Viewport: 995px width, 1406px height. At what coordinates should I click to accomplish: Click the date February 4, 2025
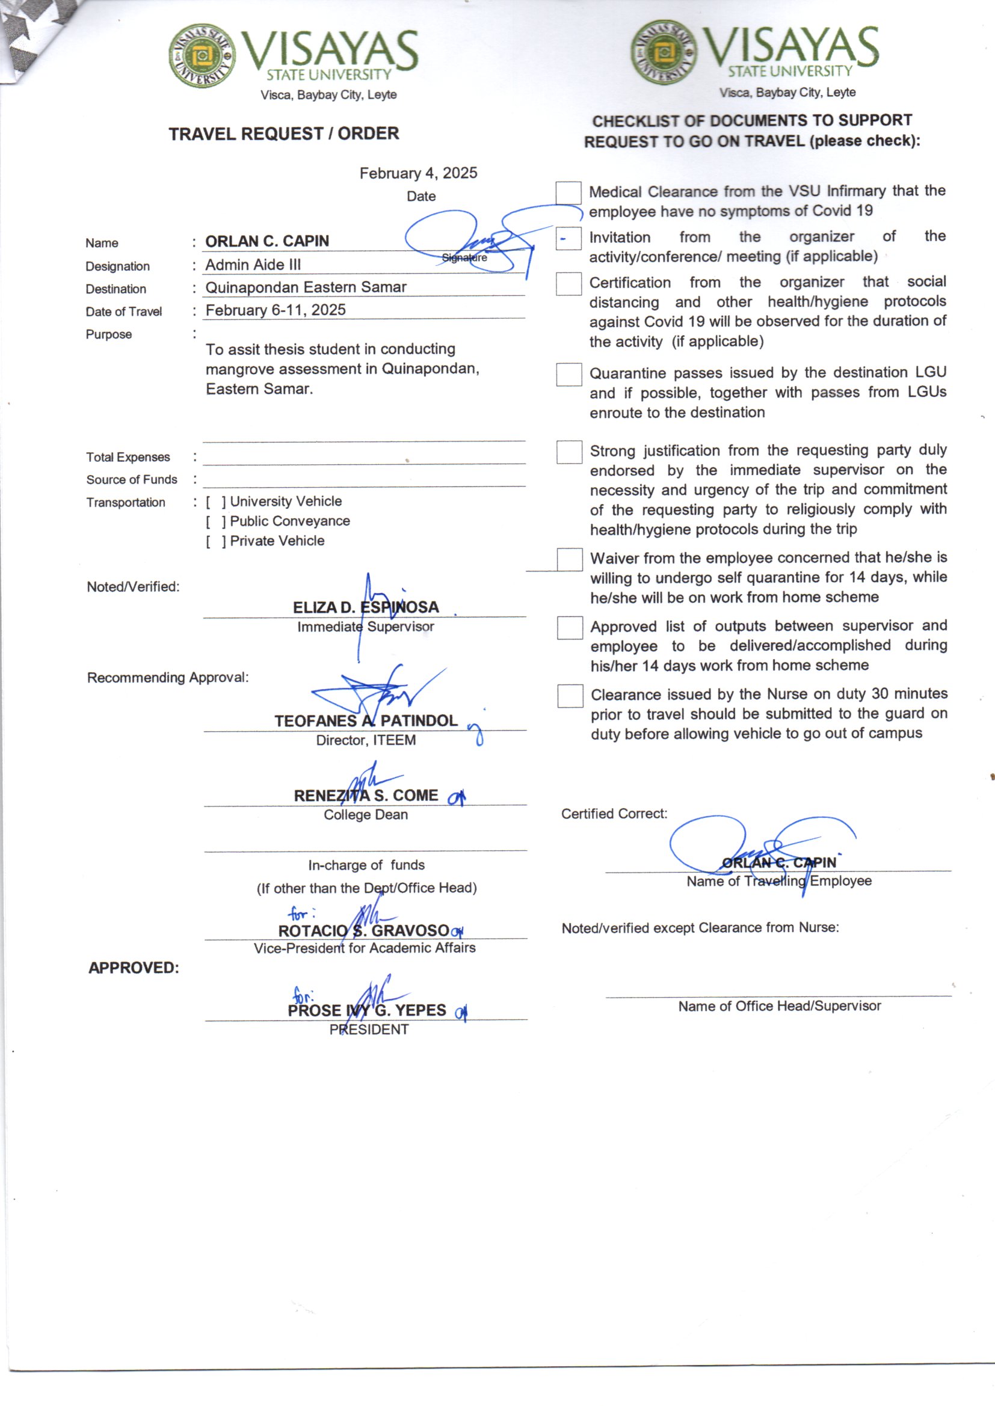(418, 173)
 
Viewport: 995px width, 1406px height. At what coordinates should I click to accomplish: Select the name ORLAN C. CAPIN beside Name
(267, 241)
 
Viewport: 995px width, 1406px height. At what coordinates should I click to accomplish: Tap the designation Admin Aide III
(253, 265)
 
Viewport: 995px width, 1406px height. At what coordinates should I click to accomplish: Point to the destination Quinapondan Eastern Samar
(306, 287)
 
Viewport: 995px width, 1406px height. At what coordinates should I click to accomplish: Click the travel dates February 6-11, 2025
(275, 310)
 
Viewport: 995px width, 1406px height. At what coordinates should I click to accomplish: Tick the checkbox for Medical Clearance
(568, 193)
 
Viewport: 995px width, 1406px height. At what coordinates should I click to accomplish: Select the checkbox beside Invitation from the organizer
(568, 238)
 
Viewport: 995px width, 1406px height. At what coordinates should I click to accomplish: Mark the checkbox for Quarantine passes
(568, 374)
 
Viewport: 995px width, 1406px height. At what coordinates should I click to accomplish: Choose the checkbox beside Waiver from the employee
(569, 559)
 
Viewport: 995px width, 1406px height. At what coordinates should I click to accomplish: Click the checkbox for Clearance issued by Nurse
(570, 696)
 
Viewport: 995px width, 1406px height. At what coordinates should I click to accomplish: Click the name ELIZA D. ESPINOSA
(366, 607)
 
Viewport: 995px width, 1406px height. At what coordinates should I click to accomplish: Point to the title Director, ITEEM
(366, 740)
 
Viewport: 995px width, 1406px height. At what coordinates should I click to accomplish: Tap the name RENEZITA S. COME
(366, 796)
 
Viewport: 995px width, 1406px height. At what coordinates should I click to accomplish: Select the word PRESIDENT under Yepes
(369, 1030)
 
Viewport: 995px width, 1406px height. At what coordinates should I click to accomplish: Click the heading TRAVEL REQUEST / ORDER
(284, 134)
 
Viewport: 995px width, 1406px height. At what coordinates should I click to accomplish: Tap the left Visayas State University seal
(202, 57)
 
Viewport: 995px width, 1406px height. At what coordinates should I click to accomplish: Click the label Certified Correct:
(614, 814)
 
